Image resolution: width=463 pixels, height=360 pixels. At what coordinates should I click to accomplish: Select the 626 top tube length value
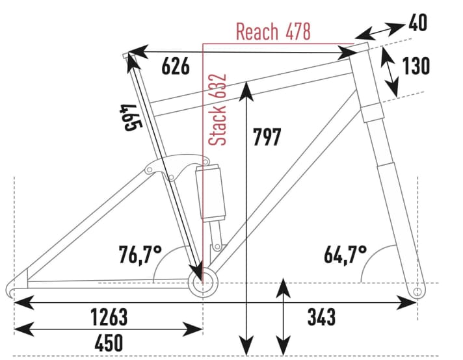click(176, 66)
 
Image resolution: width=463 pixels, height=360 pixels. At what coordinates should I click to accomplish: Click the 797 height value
click(267, 137)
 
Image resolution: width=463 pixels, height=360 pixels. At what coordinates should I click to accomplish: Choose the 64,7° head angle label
click(345, 253)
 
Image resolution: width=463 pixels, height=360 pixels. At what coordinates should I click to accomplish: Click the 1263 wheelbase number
click(109, 317)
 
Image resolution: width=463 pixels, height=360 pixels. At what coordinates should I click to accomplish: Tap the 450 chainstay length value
click(109, 342)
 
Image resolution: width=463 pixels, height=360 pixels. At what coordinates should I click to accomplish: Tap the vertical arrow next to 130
click(388, 71)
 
